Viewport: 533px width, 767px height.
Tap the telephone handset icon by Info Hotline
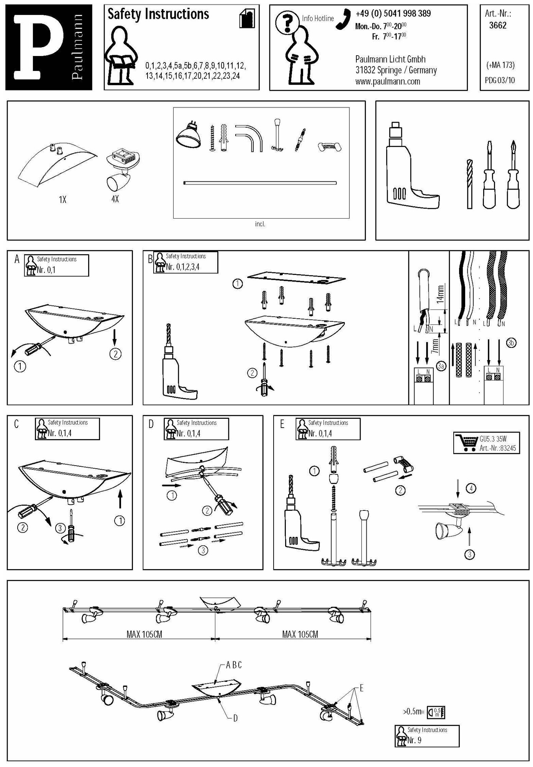click(343, 19)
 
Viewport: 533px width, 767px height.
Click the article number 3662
click(498, 26)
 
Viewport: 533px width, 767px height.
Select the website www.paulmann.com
click(387, 81)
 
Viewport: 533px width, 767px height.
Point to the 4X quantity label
click(115, 199)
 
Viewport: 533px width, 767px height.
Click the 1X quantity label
click(62, 200)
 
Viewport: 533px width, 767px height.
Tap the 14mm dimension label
click(441, 293)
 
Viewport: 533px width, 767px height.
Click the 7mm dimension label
click(435, 346)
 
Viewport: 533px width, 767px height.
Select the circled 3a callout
click(441, 366)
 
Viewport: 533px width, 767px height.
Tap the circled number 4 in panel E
click(471, 488)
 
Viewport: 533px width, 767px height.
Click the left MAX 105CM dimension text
click(144, 634)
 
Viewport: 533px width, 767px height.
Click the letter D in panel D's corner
click(151, 424)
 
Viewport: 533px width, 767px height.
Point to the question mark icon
click(285, 23)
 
